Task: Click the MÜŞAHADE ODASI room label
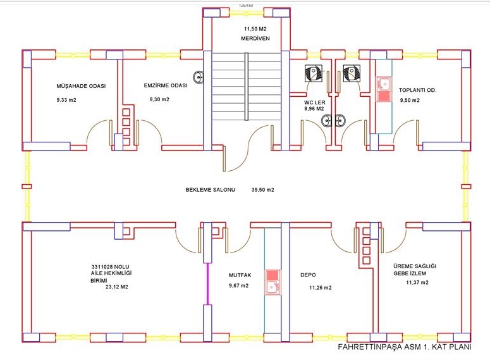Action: point(81,86)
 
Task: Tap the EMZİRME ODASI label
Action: point(166,85)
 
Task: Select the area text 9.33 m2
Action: point(66,100)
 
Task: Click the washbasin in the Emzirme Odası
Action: point(198,77)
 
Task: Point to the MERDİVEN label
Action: point(255,39)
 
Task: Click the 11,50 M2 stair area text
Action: point(255,29)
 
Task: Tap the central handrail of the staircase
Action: point(247,86)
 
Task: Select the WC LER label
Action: point(315,102)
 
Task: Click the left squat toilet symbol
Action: point(314,73)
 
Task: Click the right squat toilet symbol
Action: point(352,73)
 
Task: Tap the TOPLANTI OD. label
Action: point(417,90)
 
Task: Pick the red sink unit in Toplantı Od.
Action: point(384,89)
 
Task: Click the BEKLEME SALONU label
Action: point(211,190)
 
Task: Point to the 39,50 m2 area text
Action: point(263,190)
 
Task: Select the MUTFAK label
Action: point(240,275)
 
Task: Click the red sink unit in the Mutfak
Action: point(273,282)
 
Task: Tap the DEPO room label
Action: point(308,275)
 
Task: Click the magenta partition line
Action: point(207,283)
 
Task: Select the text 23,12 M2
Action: point(117,287)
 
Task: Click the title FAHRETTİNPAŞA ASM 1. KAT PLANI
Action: point(405,347)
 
